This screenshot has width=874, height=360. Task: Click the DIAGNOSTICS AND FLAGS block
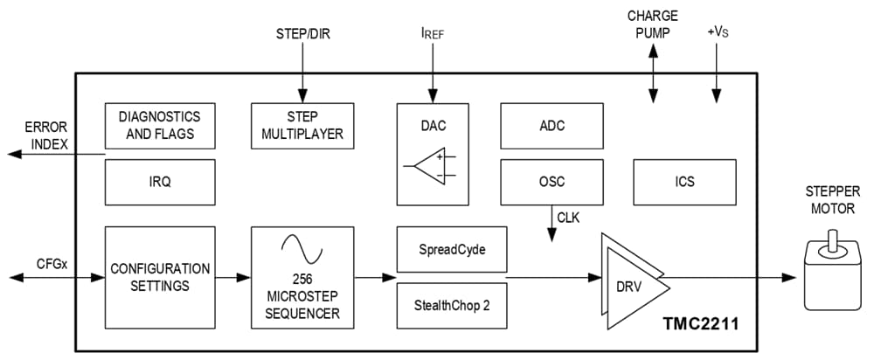click(159, 126)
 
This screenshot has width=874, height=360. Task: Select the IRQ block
click(159, 182)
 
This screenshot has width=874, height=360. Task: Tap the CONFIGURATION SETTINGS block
click(159, 277)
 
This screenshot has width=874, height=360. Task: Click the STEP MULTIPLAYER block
click(302, 126)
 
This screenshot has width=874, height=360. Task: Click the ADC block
click(551, 126)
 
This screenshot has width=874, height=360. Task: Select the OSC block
click(551, 182)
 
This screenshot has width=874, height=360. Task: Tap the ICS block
click(684, 182)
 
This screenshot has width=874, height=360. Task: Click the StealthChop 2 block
click(451, 306)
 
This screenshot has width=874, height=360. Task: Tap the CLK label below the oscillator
click(569, 216)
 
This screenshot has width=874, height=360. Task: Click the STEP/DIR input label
click(302, 34)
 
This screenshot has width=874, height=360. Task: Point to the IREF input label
click(432, 34)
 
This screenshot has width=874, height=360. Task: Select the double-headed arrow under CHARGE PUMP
click(652, 69)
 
